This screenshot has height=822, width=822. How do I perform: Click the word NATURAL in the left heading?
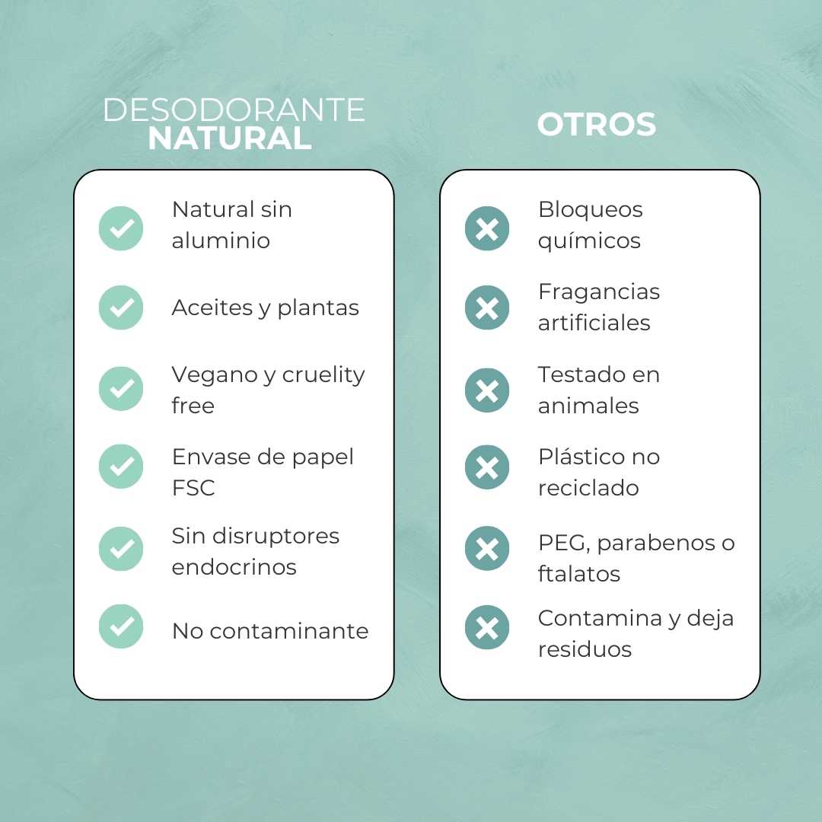(230, 139)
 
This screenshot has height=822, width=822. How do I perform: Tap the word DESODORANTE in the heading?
(234, 110)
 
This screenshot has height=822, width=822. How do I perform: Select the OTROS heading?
(596, 125)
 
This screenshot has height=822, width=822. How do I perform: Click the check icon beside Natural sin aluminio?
(121, 228)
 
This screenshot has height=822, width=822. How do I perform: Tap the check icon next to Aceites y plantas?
(121, 307)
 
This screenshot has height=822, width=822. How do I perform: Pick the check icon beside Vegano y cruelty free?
(121, 389)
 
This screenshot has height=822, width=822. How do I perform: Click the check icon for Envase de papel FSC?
(121, 467)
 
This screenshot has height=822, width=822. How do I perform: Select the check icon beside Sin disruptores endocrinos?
(121, 549)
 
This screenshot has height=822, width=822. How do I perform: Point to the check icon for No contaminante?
(121, 626)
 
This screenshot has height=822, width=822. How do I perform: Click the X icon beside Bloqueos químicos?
(487, 228)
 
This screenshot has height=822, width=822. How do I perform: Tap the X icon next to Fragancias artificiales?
(487, 307)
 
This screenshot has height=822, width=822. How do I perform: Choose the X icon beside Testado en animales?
(487, 390)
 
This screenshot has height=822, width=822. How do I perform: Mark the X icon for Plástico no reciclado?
(487, 467)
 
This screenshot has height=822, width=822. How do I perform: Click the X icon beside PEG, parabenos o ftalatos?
(487, 549)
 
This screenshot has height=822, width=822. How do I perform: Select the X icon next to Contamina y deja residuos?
(487, 627)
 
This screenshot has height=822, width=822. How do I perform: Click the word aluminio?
(221, 241)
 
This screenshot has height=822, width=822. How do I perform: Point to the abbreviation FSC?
(193, 488)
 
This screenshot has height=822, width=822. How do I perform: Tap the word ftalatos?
(578, 574)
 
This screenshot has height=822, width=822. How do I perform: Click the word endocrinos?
(234, 567)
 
